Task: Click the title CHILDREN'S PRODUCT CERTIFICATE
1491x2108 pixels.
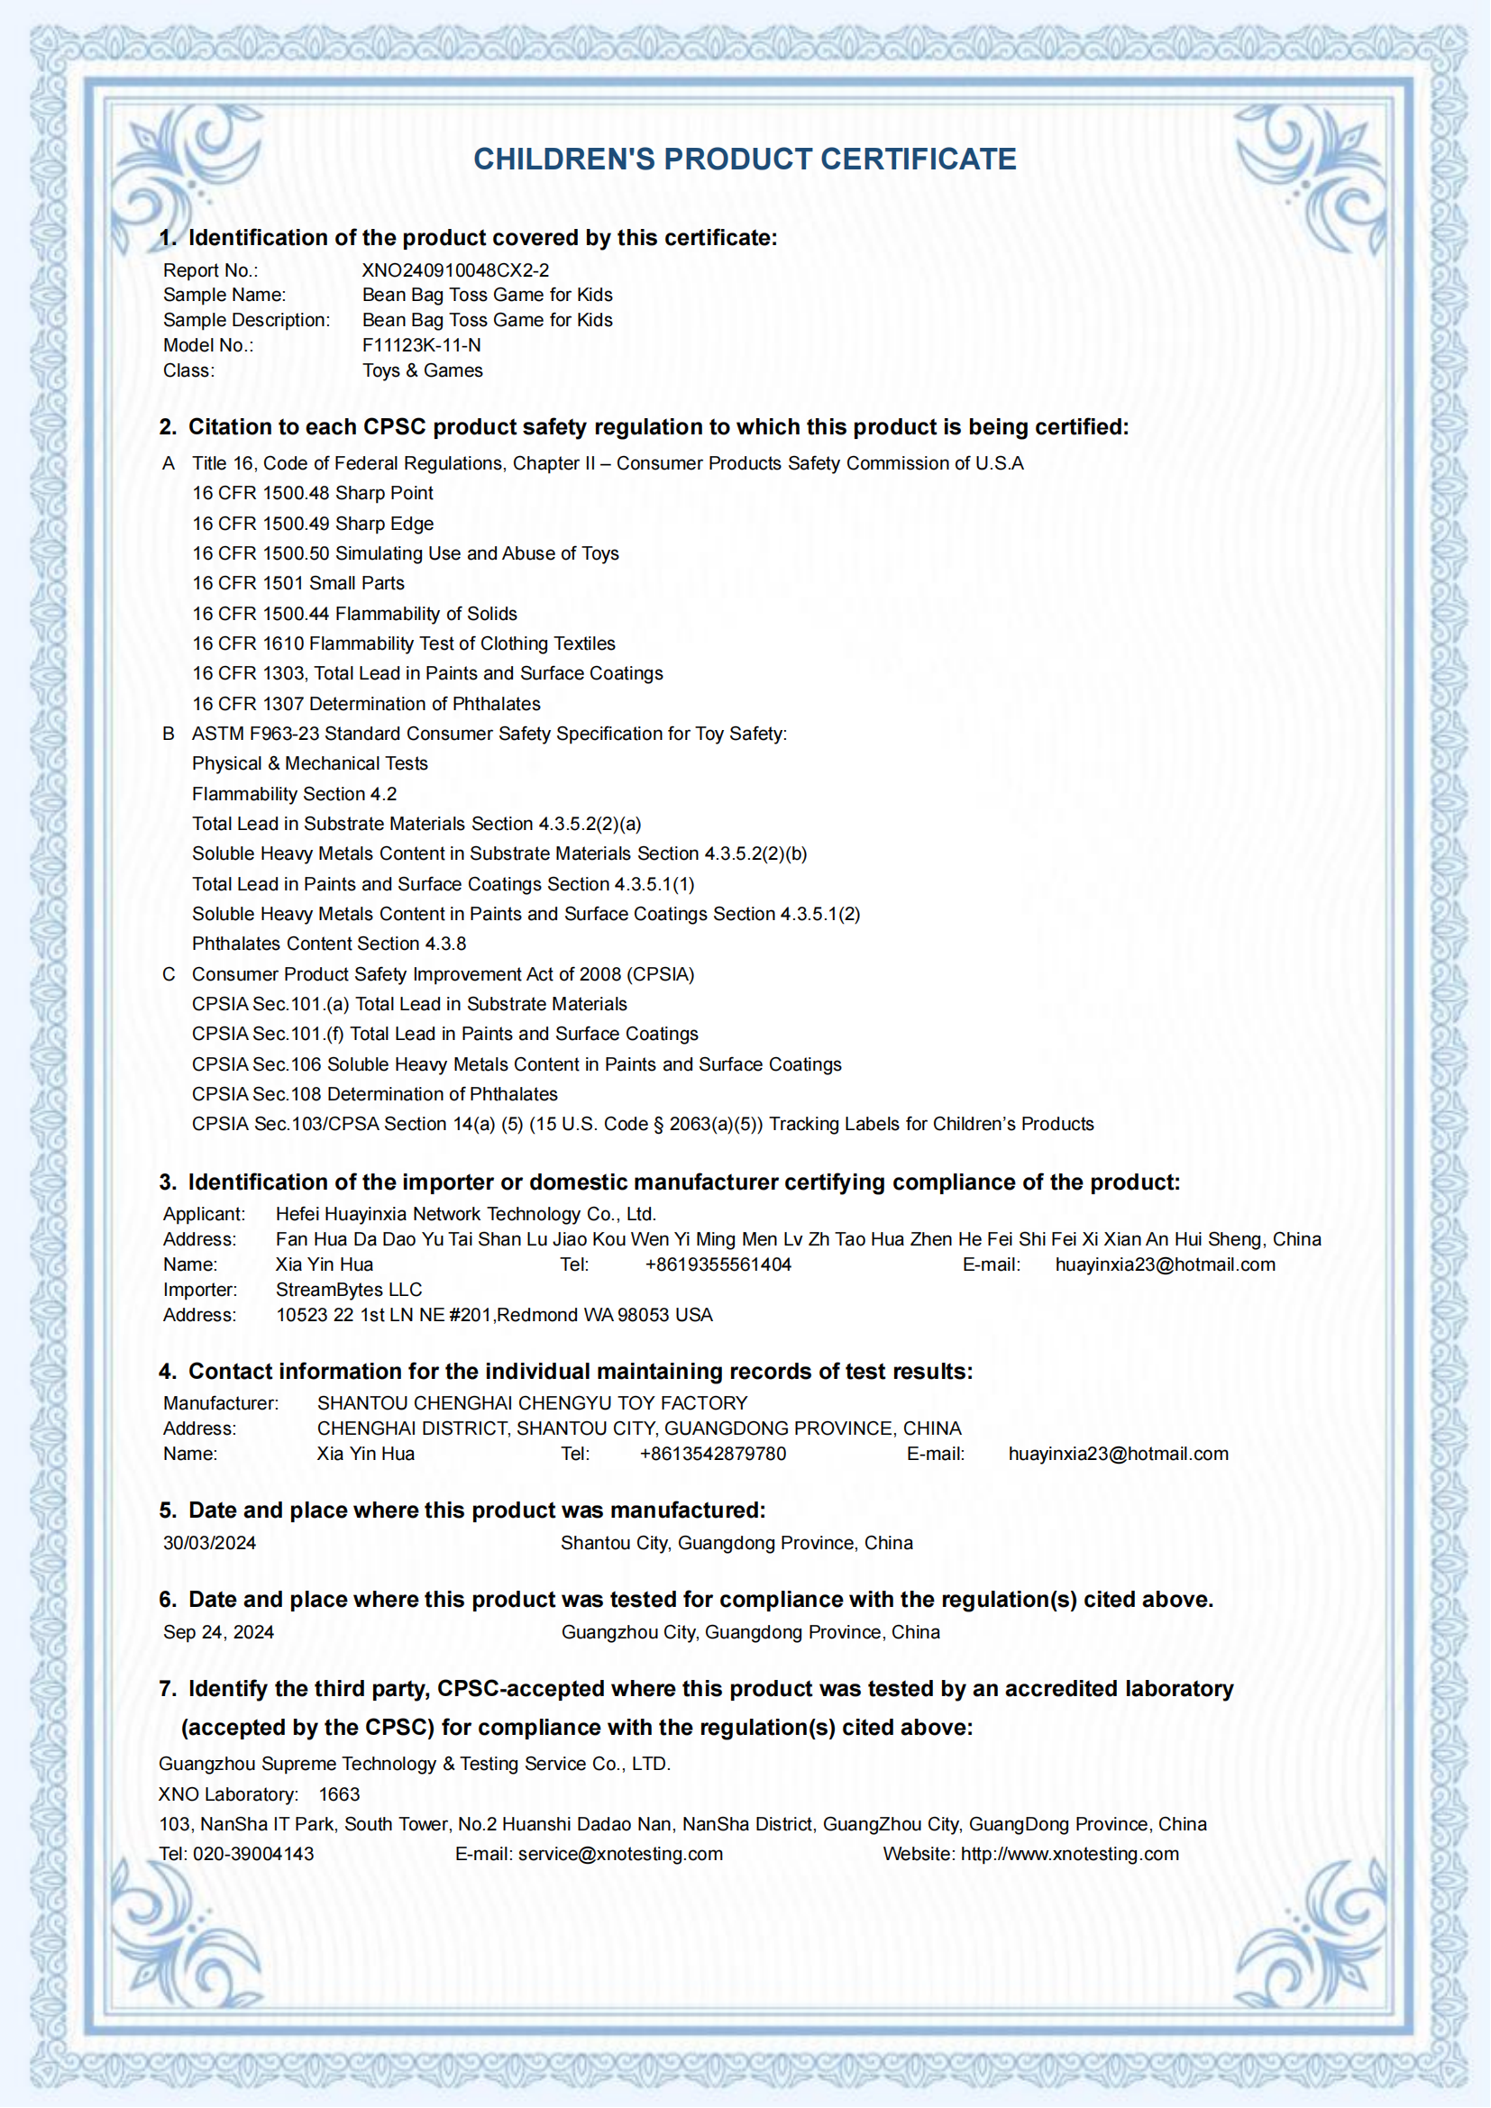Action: [745, 159]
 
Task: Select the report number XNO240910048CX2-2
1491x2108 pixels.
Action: [455, 270]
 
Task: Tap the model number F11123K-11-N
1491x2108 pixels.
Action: [421, 345]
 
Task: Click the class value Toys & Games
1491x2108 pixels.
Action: [422, 370]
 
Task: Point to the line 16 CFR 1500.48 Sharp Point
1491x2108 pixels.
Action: [312, 493]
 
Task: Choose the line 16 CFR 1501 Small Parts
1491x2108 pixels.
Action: [298, 583]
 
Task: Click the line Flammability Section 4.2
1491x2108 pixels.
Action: [294, 793]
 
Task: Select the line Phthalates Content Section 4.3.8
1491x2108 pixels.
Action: [329, 943]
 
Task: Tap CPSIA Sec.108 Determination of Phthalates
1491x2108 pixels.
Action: [375, 1093]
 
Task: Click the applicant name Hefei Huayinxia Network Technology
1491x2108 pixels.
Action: [465, 1214]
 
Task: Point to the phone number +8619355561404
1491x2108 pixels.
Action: [718, 1264]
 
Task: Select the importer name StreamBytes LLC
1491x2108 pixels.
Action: [349, 1289]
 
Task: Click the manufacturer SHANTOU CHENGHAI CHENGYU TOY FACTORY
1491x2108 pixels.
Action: [533, 1403]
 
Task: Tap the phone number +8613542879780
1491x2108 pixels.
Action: [712, 1454]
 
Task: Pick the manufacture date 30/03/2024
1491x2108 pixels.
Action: [209, 1542]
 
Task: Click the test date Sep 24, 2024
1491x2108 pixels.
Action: [218, 1631]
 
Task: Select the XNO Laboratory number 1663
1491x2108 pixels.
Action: [339, 1794]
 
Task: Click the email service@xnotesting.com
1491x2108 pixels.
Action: [620, 1854]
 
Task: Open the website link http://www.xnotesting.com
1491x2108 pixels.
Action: [1070, 1854]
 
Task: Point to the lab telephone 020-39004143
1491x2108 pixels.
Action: [253, 1854]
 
